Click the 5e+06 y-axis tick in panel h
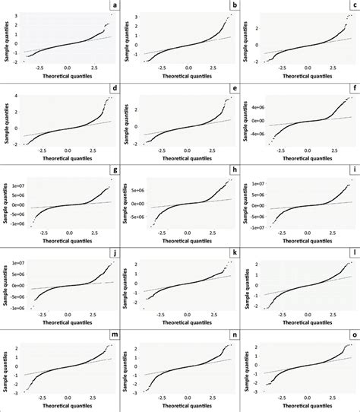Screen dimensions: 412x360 [x=137, y=191]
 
